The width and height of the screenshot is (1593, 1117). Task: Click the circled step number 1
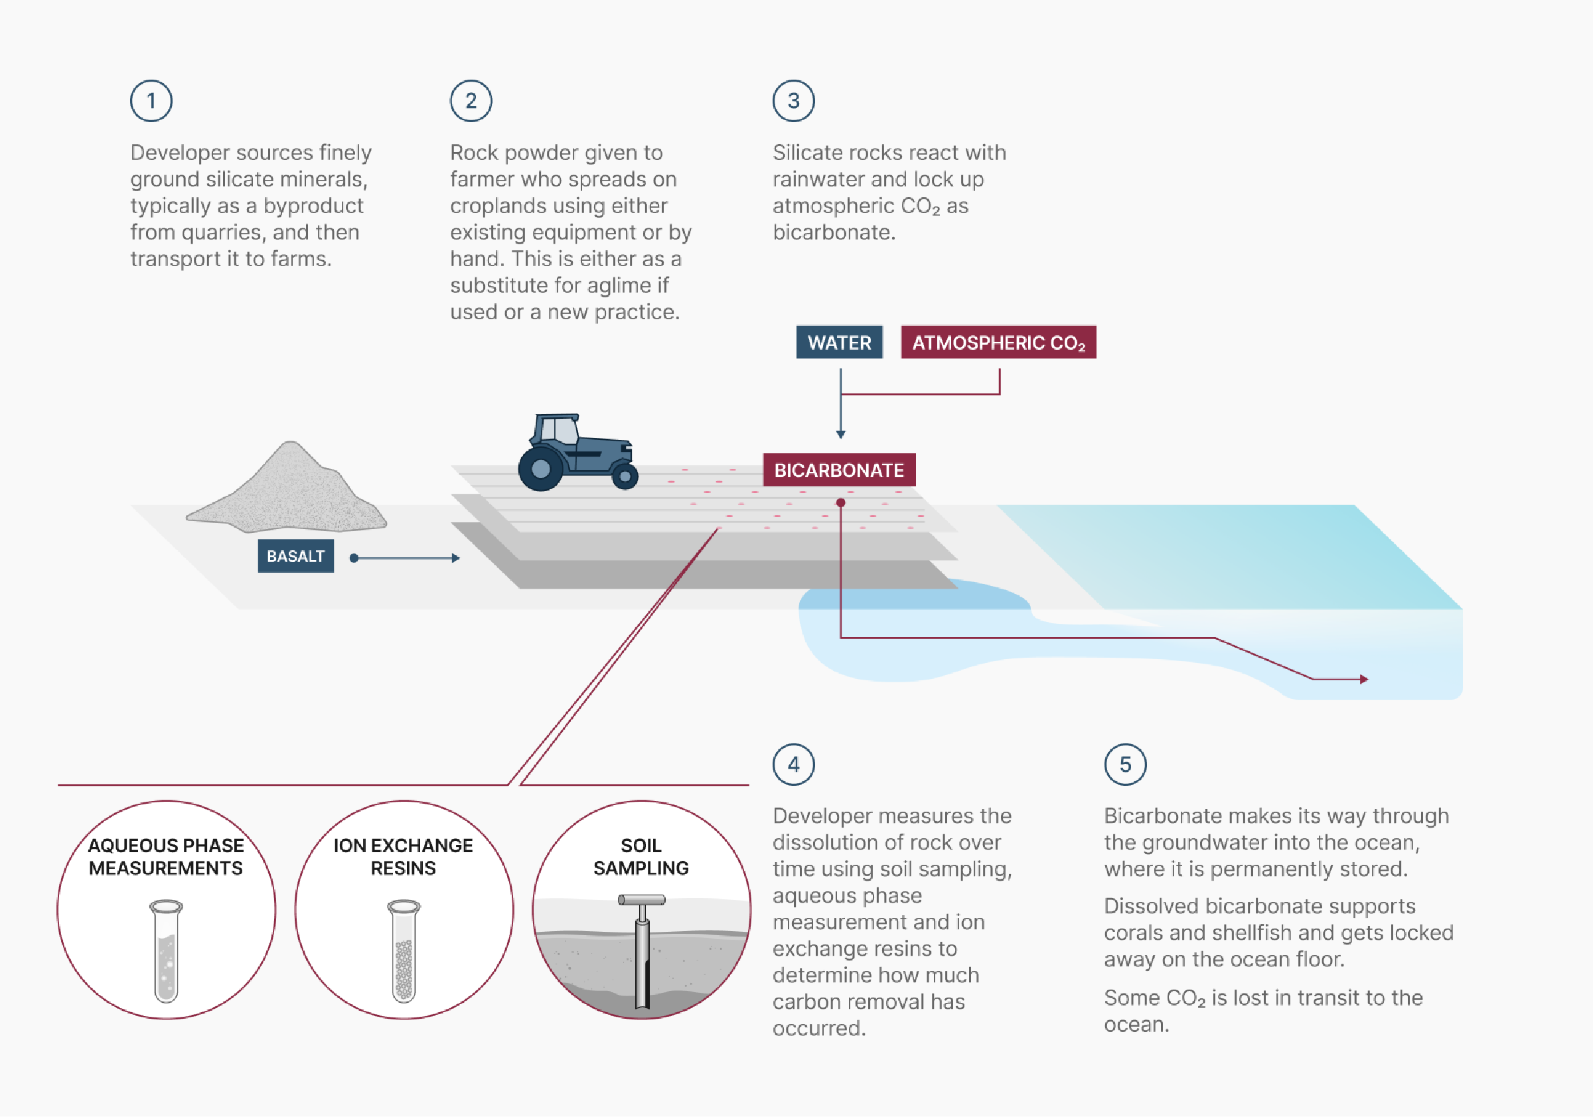151,102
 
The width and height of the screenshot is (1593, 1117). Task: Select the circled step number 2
471,102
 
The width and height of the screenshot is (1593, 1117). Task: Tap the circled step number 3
793,102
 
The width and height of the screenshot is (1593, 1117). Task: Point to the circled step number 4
793,765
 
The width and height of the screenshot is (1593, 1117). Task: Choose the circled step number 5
1124,765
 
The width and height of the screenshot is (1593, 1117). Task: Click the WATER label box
839,342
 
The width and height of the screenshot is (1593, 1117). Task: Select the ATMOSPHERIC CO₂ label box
998,342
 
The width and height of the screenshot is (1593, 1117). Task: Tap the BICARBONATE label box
839,471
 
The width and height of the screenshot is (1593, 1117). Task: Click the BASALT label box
295,556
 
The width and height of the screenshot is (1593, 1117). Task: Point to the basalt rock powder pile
288,492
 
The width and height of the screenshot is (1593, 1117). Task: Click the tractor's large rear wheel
540,469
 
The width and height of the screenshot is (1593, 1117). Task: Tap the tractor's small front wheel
625,476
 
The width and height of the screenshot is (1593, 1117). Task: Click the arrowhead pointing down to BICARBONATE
840,434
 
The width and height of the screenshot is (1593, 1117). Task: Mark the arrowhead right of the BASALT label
456,558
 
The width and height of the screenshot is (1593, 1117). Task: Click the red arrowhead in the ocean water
1363,679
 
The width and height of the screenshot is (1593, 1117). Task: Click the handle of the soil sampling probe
641,901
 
